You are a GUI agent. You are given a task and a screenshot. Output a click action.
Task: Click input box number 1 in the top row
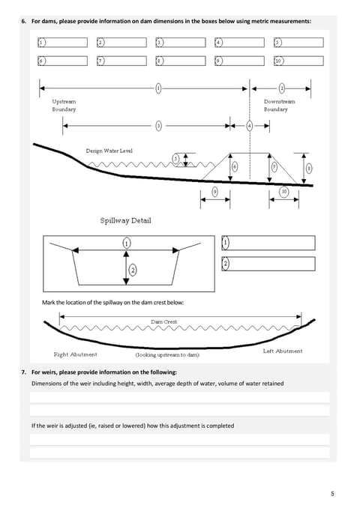[x=62, y=43]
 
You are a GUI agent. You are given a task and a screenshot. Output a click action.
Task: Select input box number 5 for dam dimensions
[x=298, y=43]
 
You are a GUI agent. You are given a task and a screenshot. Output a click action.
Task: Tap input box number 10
[x=298, y=61]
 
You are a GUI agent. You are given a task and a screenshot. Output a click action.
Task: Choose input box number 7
[x=121, y=61]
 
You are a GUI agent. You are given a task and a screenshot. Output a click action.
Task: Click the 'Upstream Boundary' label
[x=64, y=106]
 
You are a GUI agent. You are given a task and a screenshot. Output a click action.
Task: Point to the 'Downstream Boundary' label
[x=279, y=106]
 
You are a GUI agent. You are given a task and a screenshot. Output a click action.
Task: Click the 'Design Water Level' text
[x=109, y=151]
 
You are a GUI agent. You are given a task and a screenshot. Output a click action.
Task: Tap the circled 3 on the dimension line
[x=158, y=126]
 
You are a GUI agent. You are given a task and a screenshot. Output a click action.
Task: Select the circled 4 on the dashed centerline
[x=250, y=126]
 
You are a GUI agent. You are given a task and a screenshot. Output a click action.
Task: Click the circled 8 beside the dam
[x=309, y=168]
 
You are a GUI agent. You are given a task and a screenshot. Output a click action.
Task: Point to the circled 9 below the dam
[x=215, y=192]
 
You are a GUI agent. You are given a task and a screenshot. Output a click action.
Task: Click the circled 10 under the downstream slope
[x=284, y=192]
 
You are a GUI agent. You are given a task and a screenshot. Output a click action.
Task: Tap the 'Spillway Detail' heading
[x=125, y=220]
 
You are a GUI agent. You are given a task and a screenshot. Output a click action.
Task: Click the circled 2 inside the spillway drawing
[x=133, y=270]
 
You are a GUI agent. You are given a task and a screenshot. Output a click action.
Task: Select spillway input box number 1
[x=268, y=243]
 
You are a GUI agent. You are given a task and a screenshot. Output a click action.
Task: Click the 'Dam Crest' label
[x=163, y=321]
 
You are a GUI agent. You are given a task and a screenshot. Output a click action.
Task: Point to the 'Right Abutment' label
[x=75, y=354]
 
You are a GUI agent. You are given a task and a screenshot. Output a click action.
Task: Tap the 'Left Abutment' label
[x=283, y=351]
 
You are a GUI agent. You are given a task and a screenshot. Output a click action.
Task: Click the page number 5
[x=332, y=494]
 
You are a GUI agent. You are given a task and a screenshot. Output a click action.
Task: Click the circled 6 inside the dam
[x=235, y=167]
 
